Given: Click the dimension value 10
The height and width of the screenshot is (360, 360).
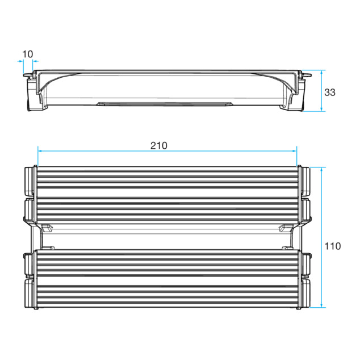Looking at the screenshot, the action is click(x=28, y=54).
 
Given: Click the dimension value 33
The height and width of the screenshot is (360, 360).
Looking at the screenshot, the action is click(x=330, y=93).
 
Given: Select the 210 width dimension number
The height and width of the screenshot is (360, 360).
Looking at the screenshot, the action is click(x=158, y=145).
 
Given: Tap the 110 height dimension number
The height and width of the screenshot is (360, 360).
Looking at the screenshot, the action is click(x=332, y=246).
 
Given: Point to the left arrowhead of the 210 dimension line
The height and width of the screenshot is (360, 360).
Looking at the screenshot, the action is click(x=40, y=151).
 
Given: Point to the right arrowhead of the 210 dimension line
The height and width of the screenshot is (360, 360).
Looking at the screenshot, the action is click(x=294, y=151).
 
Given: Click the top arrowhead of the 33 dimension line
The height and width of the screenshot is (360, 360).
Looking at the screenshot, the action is click(x=321, y=72).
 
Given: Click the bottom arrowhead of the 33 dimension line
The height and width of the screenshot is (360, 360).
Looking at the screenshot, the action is click(x=321, y=109).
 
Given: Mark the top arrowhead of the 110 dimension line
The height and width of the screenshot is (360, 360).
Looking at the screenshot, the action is click(x=321, y=169).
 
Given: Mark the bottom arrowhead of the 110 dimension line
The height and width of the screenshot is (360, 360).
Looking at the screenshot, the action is click(x=321, y=305).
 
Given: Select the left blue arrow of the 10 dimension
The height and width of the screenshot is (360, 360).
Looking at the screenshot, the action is click(x=20, y=61).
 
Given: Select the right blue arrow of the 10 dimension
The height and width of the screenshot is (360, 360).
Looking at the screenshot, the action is click(x=36, y=61).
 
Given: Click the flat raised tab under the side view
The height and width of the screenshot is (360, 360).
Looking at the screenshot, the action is click(x=165, y=104).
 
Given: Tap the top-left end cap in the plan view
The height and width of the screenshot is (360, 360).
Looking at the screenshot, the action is click(x=29, y=181).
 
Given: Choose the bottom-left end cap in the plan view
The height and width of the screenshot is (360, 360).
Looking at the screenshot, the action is click(x=29, y=293).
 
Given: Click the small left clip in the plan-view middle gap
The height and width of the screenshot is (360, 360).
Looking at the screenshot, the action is click(x=47, y=228).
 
